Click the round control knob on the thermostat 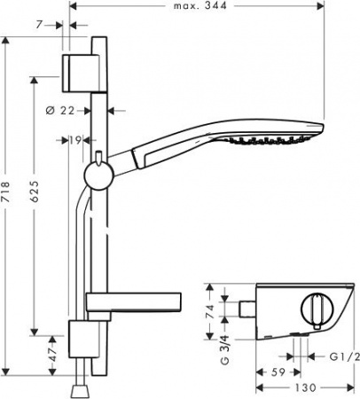tap(313, 313)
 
